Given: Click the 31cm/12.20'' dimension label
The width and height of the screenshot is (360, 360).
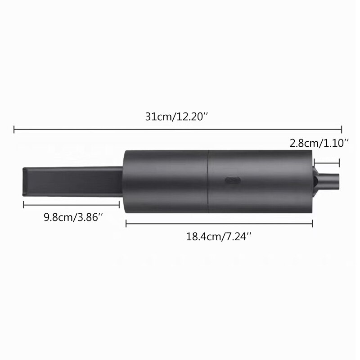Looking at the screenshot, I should [x=176, y=117].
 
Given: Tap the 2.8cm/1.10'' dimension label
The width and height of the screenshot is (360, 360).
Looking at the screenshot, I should [x=319, y=144].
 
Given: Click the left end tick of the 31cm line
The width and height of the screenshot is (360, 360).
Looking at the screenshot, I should [x=15, y=130].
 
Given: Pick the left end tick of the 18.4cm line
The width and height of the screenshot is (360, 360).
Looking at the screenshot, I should [x=126, y=223].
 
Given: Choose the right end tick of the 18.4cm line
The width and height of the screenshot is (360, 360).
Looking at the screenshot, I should [x=312, y=223].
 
